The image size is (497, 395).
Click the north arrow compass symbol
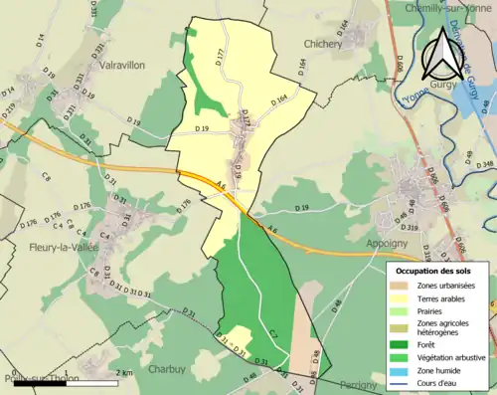coord(443,55)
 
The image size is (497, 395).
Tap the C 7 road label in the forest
coord(272,331)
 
